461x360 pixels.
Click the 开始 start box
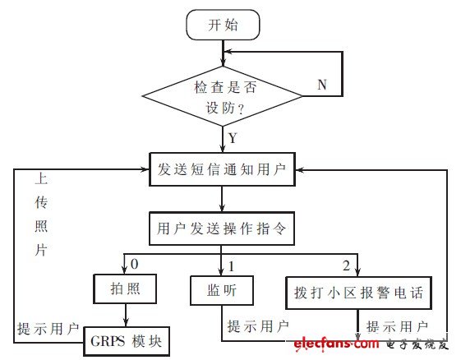[224, 25]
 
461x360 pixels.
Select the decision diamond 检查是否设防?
[222, 96]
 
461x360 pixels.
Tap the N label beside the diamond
[322, 85]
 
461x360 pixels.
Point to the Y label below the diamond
[233, 137]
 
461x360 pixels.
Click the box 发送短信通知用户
[222, 169]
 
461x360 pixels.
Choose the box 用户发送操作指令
[222, 228]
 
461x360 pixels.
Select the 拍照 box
[125, 288]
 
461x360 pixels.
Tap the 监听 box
[222, 291]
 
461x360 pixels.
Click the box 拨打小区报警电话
[358, 293]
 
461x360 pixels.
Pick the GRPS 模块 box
[127, 341]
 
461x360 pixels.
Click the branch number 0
[135, 264]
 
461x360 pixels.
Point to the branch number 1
[232, 266]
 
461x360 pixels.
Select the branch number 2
[346, 265]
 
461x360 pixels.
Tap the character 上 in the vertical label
[41, 178]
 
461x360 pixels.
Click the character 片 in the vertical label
[41, 251]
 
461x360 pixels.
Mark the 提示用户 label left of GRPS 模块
[48, 329]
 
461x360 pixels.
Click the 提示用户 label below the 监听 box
[258, 326]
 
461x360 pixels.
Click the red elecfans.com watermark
[336, 344]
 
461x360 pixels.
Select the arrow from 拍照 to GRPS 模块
[126, 315]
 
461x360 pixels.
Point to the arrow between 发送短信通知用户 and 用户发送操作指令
[222, 199]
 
